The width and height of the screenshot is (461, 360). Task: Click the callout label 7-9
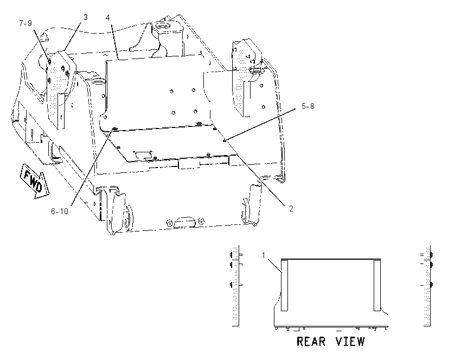tap(25, 23)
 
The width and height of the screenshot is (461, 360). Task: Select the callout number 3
tap(86, 17)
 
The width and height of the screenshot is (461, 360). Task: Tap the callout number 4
tap(107, 18)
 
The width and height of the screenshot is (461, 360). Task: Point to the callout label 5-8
tap(308, 106)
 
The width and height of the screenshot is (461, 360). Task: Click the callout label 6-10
tap(60, 211)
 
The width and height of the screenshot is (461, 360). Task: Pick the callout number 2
tap(291, 208)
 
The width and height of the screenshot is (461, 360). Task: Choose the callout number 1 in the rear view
tap(264, 255)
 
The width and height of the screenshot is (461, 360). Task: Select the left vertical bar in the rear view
tap(284, 285)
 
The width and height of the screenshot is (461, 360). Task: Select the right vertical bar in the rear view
tap(377, 285)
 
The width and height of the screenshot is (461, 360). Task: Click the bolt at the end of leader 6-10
tap(115, 128)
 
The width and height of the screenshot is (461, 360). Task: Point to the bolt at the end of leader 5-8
tap(225, 141)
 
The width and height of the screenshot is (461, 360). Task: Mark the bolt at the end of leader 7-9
tap(49, 61)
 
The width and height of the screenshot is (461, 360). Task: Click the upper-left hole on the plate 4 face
tap(171, 92)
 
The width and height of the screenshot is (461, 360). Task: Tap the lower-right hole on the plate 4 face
tap(195, 111)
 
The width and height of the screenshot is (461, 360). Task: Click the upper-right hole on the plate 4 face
tap(194, 90)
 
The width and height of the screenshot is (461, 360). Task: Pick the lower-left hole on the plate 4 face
tap(174, 113)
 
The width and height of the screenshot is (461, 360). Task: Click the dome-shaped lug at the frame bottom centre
tap(184, 222)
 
